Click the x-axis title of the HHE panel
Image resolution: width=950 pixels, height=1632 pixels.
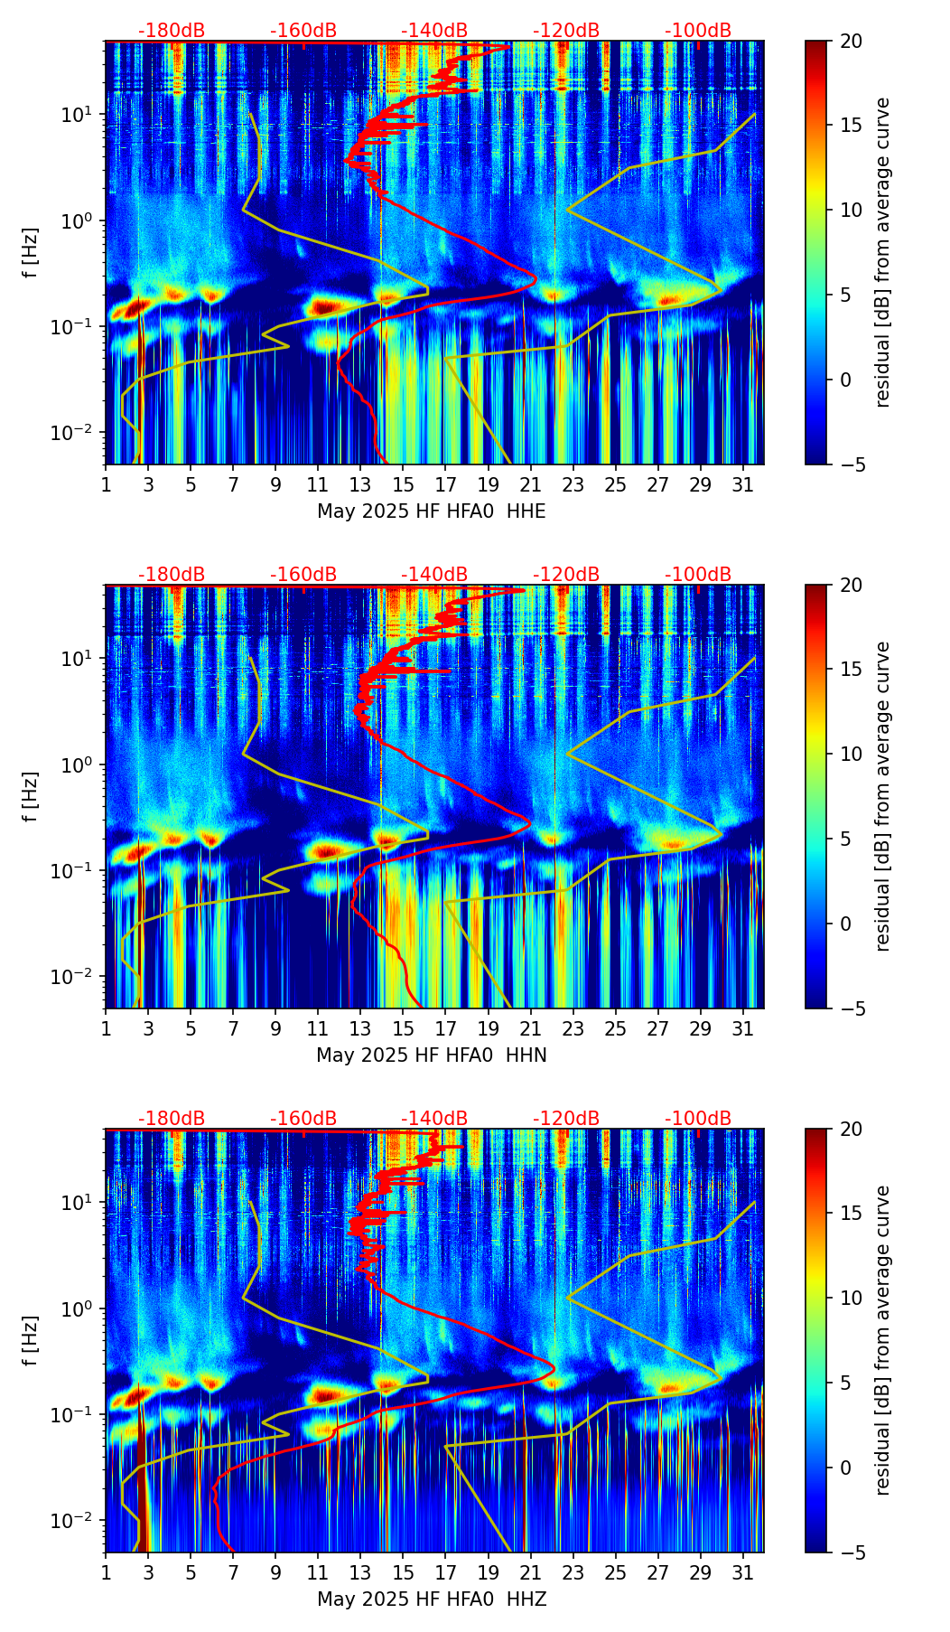[431, 511]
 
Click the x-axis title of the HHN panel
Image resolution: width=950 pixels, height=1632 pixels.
[431, 1055]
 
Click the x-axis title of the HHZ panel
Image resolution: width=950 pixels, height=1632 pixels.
[431, 1599]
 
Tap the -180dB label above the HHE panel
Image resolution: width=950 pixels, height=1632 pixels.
[172, 31]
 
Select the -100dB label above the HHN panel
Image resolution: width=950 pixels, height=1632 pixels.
[698, 575]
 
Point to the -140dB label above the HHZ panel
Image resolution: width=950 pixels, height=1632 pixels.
[434, 1119]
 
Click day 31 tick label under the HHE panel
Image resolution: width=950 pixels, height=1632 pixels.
[743, 485]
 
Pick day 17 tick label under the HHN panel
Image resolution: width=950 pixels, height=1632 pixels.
[446, 1029]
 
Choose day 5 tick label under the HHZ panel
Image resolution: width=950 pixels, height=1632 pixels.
[191, 1573]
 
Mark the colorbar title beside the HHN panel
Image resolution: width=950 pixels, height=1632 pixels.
[882, 796]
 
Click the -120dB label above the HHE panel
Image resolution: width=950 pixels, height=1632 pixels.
[566, 31]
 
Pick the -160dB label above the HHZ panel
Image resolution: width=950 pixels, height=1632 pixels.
[303, 1119]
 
